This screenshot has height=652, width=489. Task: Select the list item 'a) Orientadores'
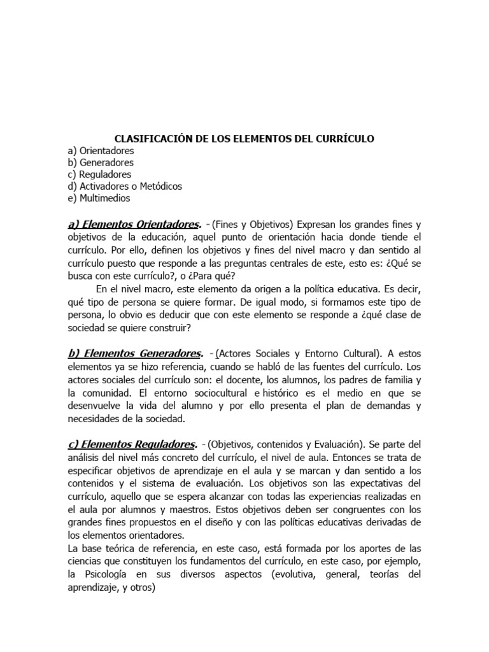click(100, 150)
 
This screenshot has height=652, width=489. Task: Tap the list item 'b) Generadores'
click(100, 162)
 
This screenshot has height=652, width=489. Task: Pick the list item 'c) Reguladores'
click(99, 174)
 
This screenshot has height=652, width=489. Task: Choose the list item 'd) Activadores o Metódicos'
click(125, 186)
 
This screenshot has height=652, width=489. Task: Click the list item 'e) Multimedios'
click(98, 198)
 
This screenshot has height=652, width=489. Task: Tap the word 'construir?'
click(183, 328)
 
